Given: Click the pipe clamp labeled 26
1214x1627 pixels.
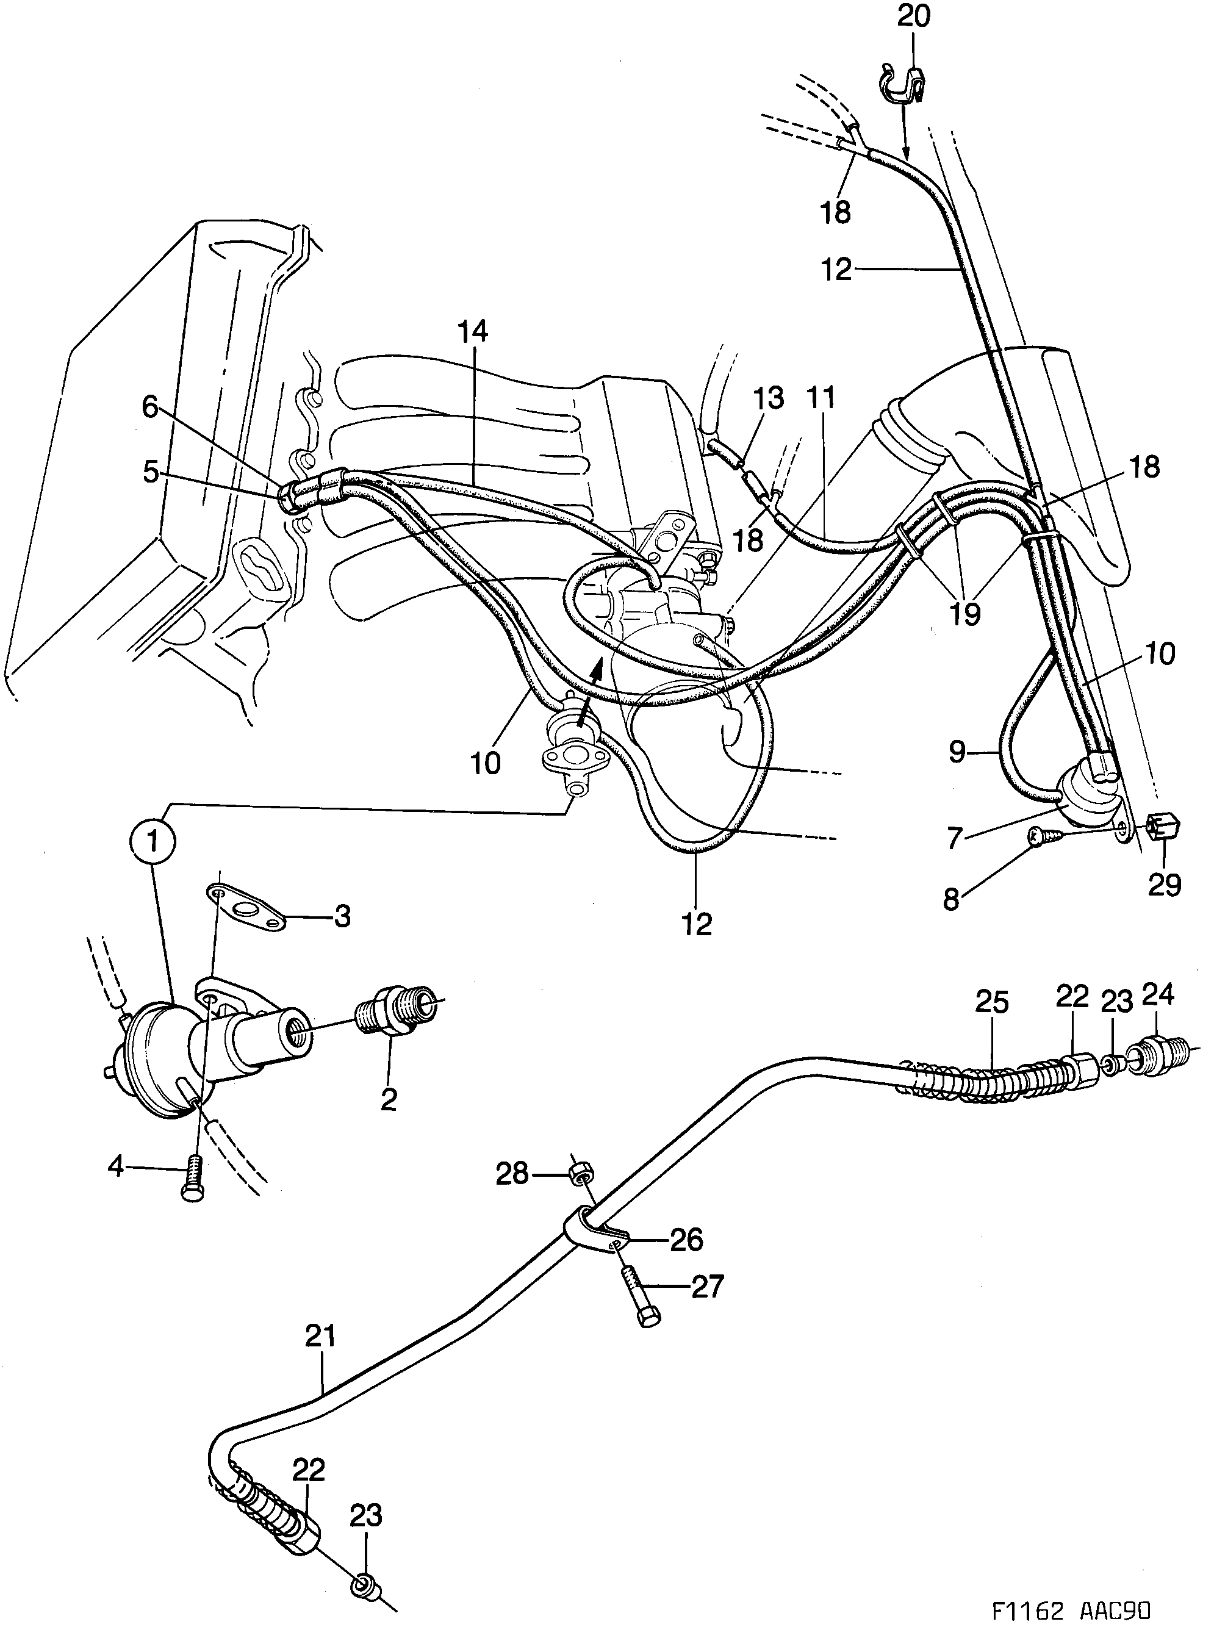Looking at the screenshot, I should tap(594, 1233).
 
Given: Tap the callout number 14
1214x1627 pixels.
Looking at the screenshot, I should tap(473, 331).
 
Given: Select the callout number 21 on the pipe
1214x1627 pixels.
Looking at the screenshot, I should tap(321, 1335).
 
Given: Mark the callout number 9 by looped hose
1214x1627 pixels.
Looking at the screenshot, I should tap(957, 753).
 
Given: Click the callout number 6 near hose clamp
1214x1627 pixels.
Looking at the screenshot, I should tap(150, 406).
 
